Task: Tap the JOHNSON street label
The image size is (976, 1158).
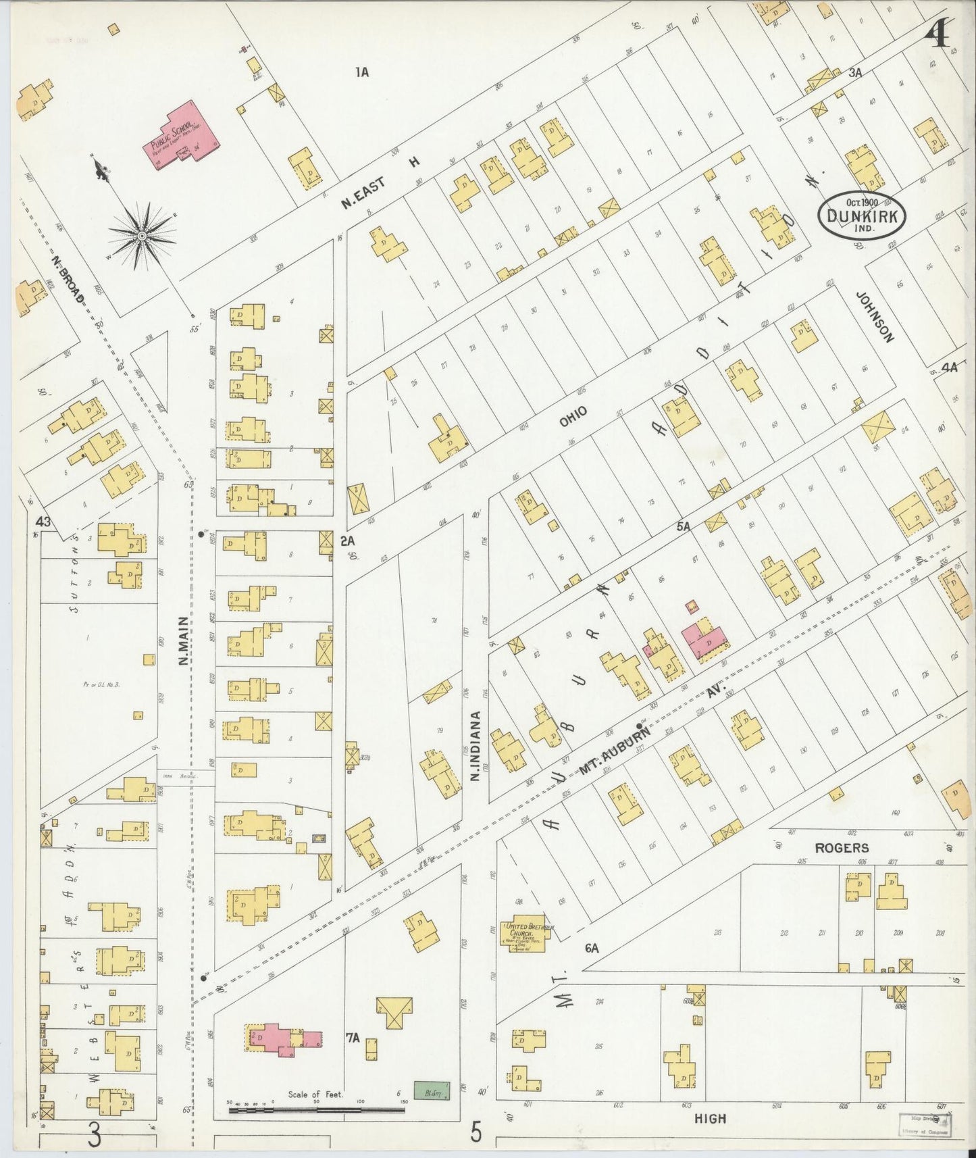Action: [x=876, y=317]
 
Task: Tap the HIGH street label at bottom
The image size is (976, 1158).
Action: [x=710, y=1119]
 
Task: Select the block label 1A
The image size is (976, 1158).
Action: [x=362, y=71]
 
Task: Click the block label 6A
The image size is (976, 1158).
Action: [x=592, y=949]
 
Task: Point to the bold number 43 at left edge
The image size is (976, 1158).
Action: [x=44, y=521]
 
